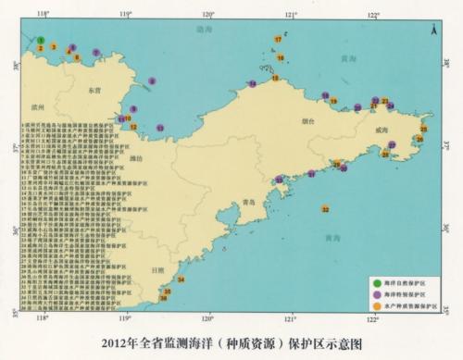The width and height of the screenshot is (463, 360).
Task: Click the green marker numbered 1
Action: tap(42, 40)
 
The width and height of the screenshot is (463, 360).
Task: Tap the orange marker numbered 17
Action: tap(279, 40)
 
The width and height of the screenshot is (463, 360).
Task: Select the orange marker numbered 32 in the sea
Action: tap(325, 210)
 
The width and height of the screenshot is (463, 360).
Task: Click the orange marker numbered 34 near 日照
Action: tap(181, 279)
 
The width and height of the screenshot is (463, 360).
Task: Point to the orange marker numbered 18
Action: tap(275, 79)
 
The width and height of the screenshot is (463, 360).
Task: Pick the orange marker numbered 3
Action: tap(55, 45)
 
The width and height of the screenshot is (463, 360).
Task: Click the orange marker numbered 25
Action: tap(423, 130)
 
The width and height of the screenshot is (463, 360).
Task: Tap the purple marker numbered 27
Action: tap(392, 145)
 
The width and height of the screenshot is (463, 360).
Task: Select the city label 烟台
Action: tap(307, 121)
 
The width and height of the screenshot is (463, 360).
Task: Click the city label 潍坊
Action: tap(139, 158)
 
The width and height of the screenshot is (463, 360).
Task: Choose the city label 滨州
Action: tap(39, 106)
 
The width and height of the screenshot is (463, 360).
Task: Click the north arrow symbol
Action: tap(433, 31)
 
